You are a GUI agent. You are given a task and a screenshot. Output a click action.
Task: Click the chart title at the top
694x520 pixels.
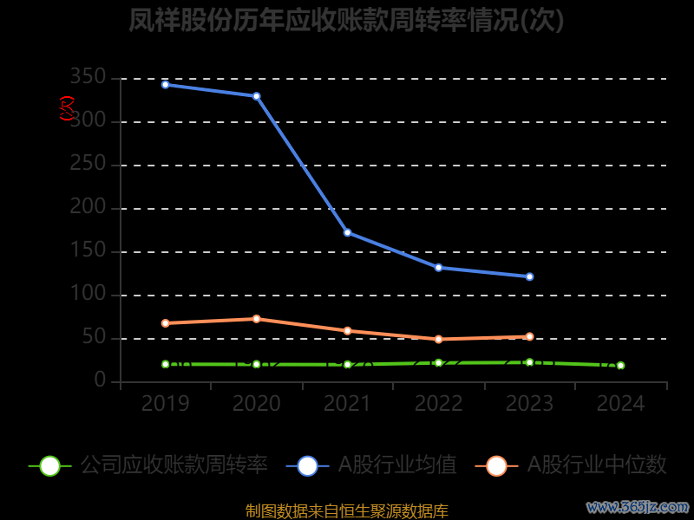346,21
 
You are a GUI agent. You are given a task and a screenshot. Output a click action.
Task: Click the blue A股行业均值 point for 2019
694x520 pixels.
165,84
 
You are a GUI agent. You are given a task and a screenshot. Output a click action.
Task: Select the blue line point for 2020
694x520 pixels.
256,96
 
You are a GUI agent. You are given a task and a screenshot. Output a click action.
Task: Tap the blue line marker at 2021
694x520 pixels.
347,232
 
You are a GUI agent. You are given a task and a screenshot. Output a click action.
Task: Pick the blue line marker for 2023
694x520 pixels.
529,276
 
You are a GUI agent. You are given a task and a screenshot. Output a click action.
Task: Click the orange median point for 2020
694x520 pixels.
256,319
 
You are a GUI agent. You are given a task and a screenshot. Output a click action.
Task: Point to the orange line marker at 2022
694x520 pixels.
438,339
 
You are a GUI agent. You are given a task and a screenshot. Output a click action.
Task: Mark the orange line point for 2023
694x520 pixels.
529,336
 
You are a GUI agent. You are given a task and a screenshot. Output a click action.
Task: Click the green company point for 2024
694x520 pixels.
620,366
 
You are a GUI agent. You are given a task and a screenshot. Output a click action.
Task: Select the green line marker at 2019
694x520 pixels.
165,364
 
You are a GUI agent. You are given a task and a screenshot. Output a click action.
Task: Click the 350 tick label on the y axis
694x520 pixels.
89,78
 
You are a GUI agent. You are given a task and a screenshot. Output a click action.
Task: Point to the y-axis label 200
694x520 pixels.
89,208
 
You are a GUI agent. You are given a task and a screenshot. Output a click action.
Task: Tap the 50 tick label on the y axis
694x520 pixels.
95,338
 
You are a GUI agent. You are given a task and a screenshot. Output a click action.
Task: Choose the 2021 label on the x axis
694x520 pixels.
347,404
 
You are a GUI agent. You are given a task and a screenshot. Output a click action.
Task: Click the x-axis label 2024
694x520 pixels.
620,404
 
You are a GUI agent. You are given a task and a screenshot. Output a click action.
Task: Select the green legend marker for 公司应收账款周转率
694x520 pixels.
50,465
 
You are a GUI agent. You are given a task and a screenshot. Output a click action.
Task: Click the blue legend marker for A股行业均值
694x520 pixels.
307,465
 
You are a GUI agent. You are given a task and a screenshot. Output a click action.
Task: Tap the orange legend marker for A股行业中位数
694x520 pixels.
496,465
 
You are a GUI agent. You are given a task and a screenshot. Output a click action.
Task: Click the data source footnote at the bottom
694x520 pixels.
346,510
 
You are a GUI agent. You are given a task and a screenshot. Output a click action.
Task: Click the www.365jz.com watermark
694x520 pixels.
638,506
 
